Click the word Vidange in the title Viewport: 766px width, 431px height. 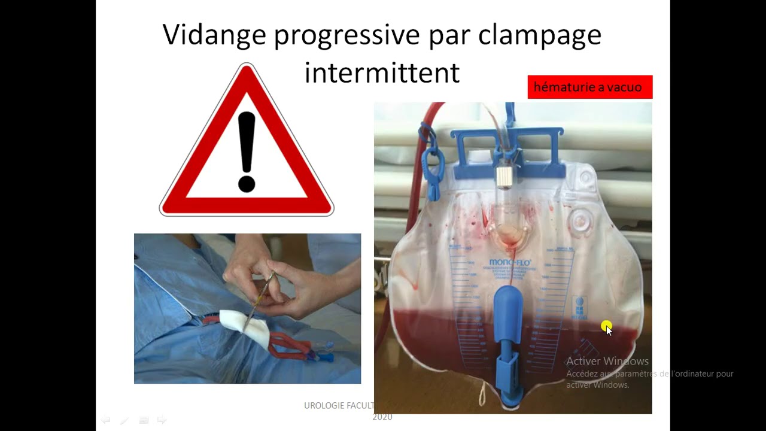click(214, 35)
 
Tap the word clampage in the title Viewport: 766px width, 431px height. click(539, 35)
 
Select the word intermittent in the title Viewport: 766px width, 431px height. click(382, 73)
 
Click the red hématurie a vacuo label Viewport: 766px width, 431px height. click(589, 87)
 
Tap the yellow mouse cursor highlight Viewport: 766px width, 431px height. click(606, 326)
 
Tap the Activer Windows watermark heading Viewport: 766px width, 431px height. click(607, 361)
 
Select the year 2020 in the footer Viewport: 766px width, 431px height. click(382, 417)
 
